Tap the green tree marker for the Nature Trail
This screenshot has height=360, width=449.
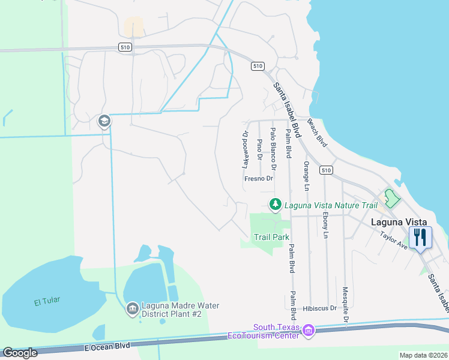275,205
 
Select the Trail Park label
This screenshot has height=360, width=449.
271,237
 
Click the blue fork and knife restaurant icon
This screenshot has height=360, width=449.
420,237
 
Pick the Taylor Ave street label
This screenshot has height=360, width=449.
394,239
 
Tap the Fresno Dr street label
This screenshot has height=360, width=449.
259,178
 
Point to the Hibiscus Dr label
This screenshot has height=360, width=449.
320,308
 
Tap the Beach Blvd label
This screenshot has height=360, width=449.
317,132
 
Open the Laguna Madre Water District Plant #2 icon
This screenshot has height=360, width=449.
132,310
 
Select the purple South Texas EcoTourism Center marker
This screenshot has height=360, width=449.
309,331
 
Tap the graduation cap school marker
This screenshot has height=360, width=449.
104,121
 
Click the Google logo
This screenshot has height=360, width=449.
20,353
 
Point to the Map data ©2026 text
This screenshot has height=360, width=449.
423,355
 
